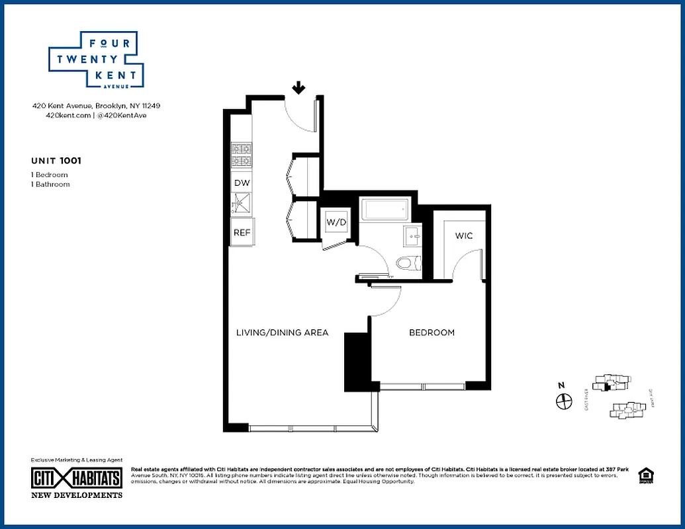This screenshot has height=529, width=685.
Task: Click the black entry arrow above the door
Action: pyautogui.click(x=298, y=87)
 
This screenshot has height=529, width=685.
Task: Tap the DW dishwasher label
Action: pyautogui.click(x=241, y=183)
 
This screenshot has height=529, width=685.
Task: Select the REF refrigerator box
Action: pyautogui.click(x=241, y=232)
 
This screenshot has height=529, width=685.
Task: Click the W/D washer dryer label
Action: pyautogui.click(x=336, y=223)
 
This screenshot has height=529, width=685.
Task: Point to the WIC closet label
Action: pyautogui.click(x=464, y=236)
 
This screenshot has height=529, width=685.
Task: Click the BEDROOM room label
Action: pyautogui.click(x=432, y=333)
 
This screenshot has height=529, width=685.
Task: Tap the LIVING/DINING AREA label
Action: pyautogui.click(x=282, y=333)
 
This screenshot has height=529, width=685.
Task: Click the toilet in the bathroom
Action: pyautogui.click(x=407, y=263)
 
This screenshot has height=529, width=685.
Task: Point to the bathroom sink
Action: pyautogui.click(x=412, y=235)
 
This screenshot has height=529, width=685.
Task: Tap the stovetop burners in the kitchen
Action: pyautogui.click(x=241, y=155)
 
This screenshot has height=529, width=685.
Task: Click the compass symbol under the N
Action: pyautogui.click(x=564, y=401)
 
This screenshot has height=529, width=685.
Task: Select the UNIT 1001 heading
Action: pyautogui.click(x=56, y=160)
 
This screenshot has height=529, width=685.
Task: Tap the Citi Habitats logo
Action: pyautogui.click(x=77, y=478)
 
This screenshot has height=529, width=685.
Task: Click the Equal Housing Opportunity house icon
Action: pyautogui.click(x=645, y=476)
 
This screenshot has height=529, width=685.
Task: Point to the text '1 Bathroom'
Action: pyautogui.click(x=50, y=184)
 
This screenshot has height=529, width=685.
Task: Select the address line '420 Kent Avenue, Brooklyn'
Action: pyautogui.click(x=97, y=105)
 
